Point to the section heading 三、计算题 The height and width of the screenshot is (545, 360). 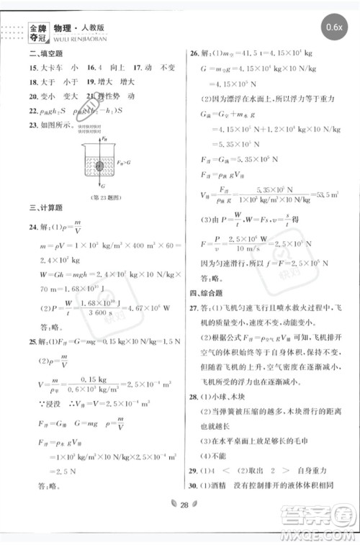coord(42,208)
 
